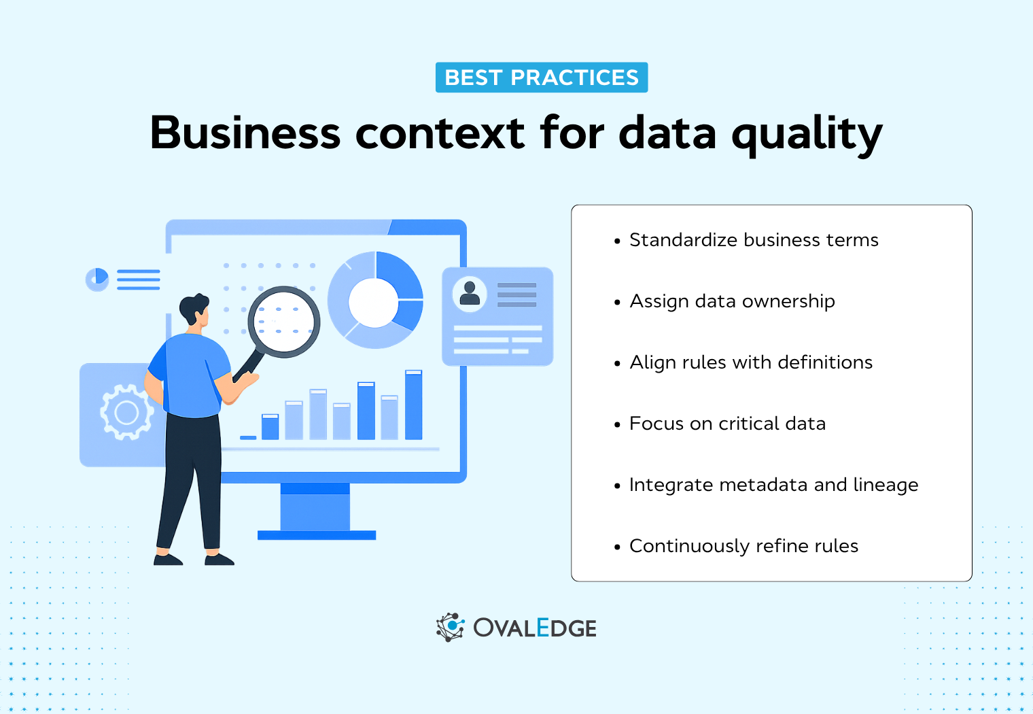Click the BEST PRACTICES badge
pyautogui.click(x=542, y=78)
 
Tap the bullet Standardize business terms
pyautogui.click(x=753, y=240)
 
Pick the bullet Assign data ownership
pyautogui.click(x=731, y=301)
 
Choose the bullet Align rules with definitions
pyautogui.click(x=750, y=362)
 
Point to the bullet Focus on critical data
pyautogui.click(x=727, y=424)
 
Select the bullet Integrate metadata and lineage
pyautogui.click(x=773, y=485)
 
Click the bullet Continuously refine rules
pyautogui.click(x=743, y=546)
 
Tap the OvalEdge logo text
pyautogui.click(x=535, y=628)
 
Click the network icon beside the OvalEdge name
pyautogui.click(x=450, y=627)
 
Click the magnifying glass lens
pyautogui.click(x=284, y=321)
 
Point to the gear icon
pyautogui.click(x=126, y=412)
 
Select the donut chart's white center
pyautogui.click(x=373, y=303)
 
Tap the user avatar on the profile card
pyautogui.click(x=470, y=293)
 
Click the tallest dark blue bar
pyautogui.click(x=413, y=405)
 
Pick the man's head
pyautogui.click(x=194, y=310)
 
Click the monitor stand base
pyautogui.click(x=317, y=535)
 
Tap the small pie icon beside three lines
pyautogui.click(x=97, y=279)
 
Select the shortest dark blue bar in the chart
pyautogui.click(x=248, y=437)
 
